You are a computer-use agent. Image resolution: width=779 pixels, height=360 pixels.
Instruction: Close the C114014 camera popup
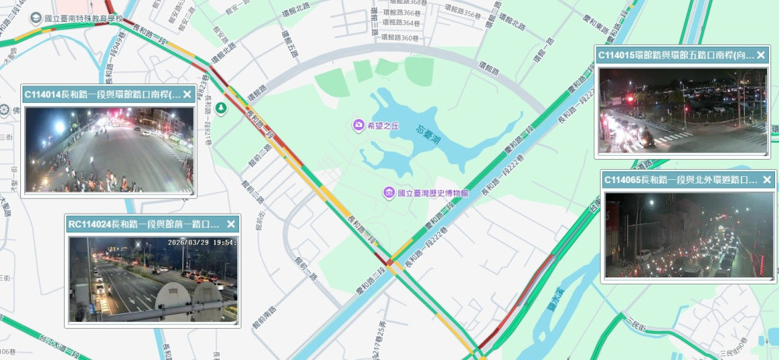pyautogui.click(x=187, y=95)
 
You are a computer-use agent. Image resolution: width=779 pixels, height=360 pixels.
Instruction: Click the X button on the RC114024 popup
pyautogui.click(x=231, y=224)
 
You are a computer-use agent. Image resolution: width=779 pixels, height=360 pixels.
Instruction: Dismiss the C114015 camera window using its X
pyautogui.click(x=760, y=56)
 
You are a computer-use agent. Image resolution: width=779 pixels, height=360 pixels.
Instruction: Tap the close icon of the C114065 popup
pyautogui.click(x=767, y=180)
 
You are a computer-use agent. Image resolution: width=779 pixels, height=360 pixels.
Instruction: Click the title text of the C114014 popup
pyautogui.click(x=101, y=95)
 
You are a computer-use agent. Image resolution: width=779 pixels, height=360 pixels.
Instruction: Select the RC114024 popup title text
pyautogui.click(x=144, y=224)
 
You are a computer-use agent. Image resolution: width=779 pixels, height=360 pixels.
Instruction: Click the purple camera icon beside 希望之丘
pyautogui.click(x=358, y=125)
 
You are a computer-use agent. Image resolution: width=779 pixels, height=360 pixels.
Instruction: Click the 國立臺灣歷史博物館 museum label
pyautogui.click(x=432, y=192)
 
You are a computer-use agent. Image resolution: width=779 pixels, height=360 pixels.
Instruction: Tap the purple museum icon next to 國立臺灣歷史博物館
pyautogui.click(x=387, y=192)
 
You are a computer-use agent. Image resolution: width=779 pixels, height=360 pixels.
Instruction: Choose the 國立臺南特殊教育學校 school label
pyautogui.click(x=85, y=17)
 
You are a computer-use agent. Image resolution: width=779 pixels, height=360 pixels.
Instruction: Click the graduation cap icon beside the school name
pyautogui.click(x=35, y=17)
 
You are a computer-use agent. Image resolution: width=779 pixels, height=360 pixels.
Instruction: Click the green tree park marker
pyautogui.click(x=222, y=108)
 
